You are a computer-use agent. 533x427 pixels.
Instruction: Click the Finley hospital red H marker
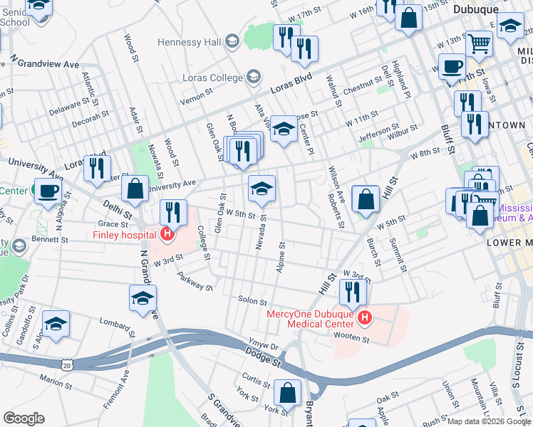pyautogui.click(x=167, y=234)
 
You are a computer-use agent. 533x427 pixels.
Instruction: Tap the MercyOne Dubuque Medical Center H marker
pyautogui.click(x=365, y=317)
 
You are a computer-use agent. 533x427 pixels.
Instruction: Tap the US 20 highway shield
pyautogui.click(x=66, y=365)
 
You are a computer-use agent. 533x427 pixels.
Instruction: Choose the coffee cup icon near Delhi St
pyautogui.click(x=48, y=190)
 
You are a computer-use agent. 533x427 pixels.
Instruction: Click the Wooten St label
pyautogui.click(x=354, y=339)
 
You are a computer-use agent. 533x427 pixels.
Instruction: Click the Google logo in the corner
pyautogui.click(x=24, y=418)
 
